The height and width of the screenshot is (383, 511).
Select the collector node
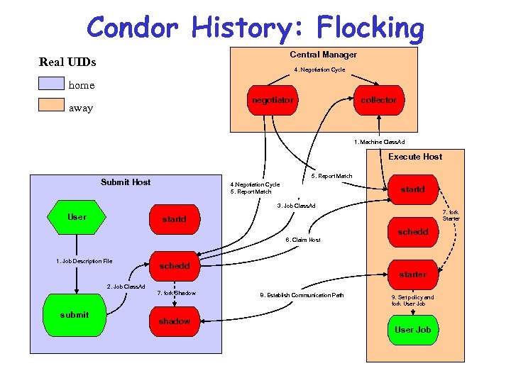coord(378,100)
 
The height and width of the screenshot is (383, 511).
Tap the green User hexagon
coord(77,217)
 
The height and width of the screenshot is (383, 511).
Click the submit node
coord(75,315)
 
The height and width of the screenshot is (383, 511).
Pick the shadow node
coord(175,321)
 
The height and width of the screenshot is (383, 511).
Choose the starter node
coord(412,274)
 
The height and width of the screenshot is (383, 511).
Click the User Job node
coord(413,330)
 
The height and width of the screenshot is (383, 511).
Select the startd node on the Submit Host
coord(174,219)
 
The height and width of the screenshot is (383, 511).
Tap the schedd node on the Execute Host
coord(412,232)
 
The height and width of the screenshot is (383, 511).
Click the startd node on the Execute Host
coord(412,189)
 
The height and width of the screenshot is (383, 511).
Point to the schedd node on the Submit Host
coord(175,266)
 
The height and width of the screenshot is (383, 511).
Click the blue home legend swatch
coord(51,84)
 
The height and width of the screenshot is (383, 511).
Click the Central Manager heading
coord(323,55)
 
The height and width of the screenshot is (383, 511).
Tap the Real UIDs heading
coord(67,62)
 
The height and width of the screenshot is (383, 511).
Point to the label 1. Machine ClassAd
coord(380,143)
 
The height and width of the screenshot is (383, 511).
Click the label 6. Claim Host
coord(303,240)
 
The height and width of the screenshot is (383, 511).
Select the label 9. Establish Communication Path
coord(302,295)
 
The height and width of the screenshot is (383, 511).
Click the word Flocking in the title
coord(370,28)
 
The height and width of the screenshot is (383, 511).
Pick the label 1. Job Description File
coord(84,262)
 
